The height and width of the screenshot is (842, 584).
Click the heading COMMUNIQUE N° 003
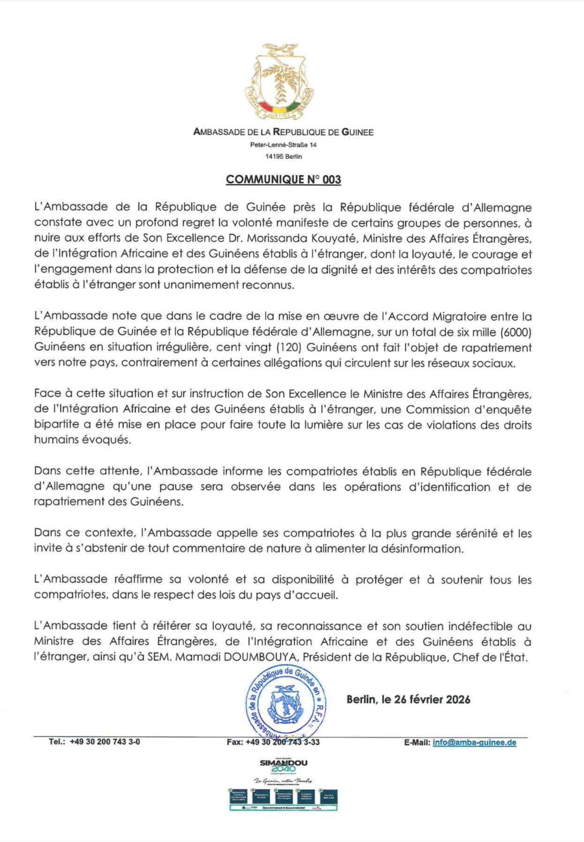point(283,180)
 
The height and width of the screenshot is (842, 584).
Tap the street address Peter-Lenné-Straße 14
point(283,145)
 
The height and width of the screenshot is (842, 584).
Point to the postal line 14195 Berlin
point(283,157)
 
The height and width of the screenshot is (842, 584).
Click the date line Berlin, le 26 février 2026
point(408,699)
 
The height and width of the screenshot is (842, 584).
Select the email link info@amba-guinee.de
point(474,743)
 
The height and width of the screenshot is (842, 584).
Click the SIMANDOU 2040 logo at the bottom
point(284,766)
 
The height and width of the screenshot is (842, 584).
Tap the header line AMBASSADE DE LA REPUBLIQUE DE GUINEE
point(283,132)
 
